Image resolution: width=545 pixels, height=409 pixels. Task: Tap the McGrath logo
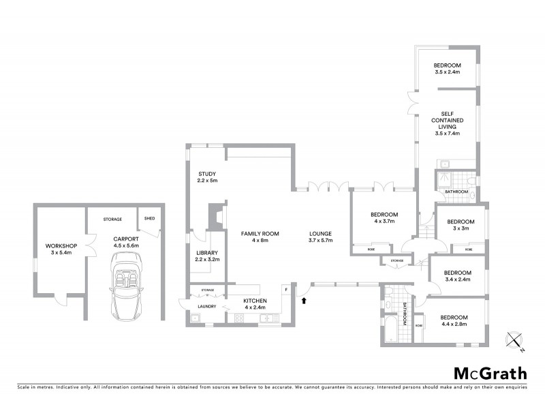pos(490,373)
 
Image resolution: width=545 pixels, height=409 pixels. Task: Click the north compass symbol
pos(514,340)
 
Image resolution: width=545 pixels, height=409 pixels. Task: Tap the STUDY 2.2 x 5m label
pos(207,177)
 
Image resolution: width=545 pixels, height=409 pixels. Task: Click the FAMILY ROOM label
pos(260,237)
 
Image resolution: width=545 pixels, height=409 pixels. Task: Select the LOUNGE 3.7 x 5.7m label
pos(320,237)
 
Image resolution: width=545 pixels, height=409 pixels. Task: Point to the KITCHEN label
pos(255,303)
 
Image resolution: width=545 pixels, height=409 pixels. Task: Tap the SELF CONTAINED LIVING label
pos(448,123)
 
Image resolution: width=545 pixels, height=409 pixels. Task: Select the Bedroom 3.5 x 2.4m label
pos(448,68)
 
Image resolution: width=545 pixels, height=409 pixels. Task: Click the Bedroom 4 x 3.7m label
pos(385,217)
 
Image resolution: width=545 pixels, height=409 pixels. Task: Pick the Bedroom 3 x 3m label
pos(461,225)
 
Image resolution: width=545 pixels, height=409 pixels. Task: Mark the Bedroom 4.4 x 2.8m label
pos(454,321)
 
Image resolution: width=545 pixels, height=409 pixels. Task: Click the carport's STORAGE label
pos(112,219)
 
